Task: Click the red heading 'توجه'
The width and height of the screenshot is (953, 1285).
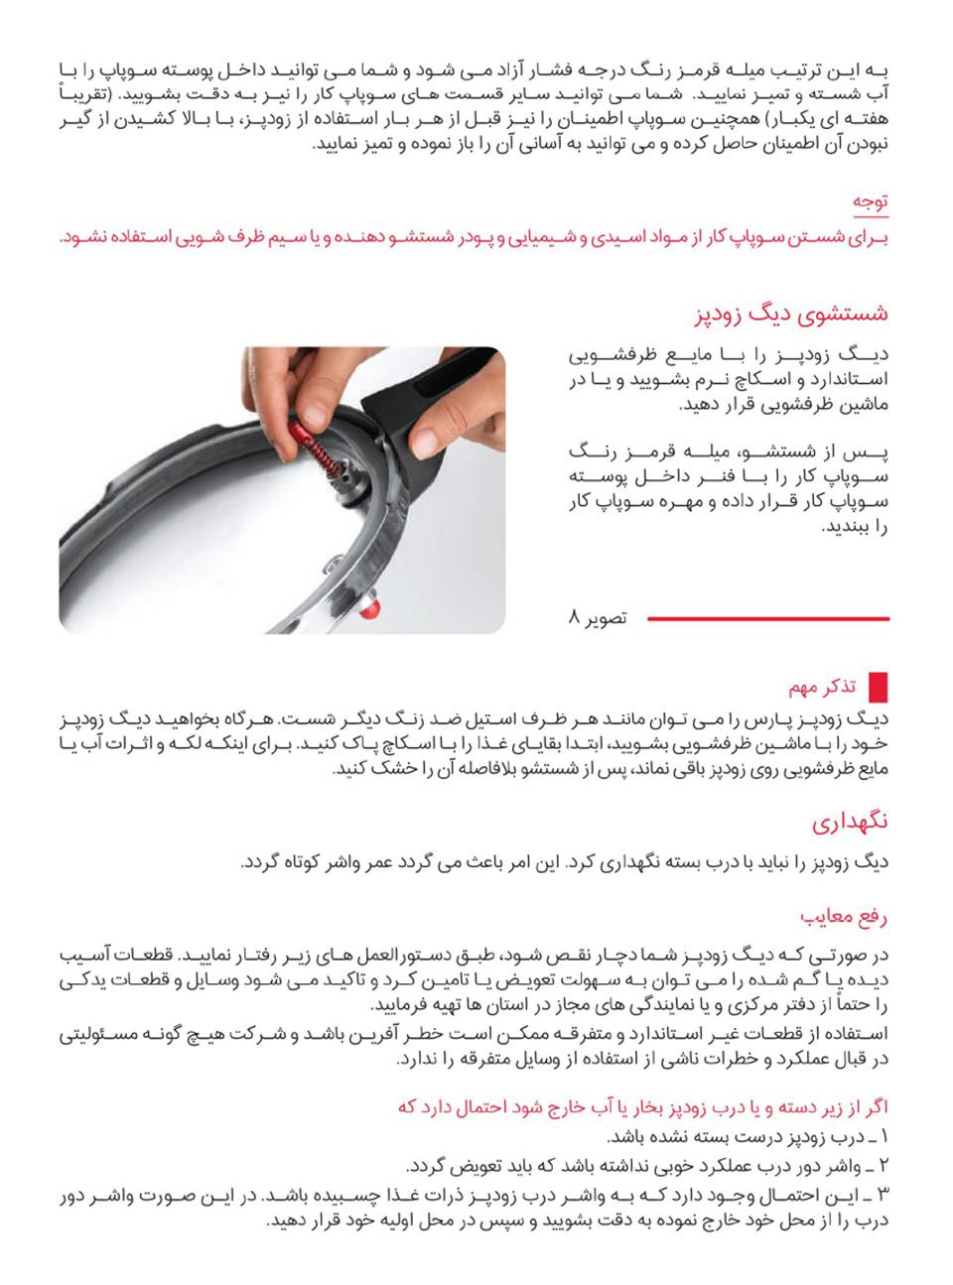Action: pos(870,201)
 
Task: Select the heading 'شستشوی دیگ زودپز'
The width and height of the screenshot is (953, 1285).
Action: pos(790,315)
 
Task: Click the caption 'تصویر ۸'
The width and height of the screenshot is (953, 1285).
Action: pos(598,618)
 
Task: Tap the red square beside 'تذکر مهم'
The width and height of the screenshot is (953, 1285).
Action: pos(878,687)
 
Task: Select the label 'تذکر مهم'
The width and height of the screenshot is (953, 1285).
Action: pos(823,687)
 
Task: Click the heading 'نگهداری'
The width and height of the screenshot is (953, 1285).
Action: pos(850,823)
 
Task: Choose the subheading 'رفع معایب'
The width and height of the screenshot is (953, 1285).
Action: pos(844,916)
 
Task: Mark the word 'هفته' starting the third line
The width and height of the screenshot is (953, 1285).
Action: pos(871,120)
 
